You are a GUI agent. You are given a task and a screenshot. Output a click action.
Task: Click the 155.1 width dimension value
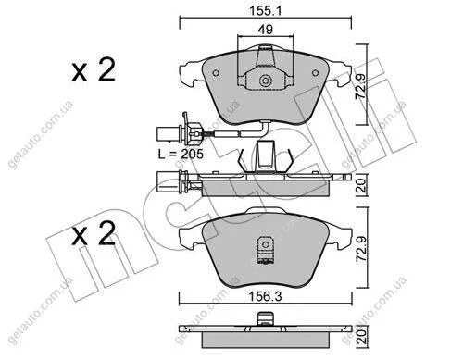(x=266, y=11)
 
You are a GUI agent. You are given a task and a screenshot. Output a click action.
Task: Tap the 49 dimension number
(x=266, y=30)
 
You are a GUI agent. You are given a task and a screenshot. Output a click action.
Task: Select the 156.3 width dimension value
(x=266, y=296)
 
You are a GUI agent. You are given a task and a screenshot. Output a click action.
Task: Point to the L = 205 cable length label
(x=181, y=154)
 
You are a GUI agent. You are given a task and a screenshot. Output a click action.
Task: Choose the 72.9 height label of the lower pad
(x=361, y=248)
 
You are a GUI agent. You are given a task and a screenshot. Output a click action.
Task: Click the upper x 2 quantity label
(x=94, y=70)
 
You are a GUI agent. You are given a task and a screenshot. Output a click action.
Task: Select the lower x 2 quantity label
(x=94, y=234)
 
